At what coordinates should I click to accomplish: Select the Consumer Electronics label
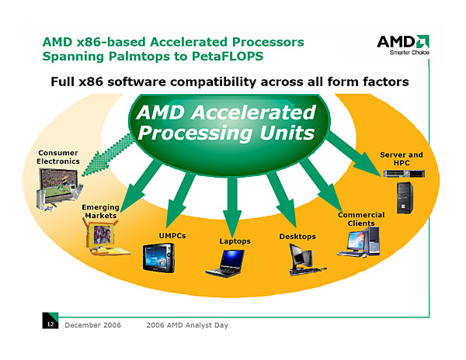58,157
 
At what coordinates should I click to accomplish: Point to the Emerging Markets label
100,211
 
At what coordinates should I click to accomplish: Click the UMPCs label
172,234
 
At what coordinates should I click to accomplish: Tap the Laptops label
235,241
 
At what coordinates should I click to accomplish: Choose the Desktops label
297,236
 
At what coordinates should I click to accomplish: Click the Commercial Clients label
360,219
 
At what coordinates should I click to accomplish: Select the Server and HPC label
402,159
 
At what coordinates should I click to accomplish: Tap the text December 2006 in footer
93,324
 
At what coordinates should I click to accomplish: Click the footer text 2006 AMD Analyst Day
186,324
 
